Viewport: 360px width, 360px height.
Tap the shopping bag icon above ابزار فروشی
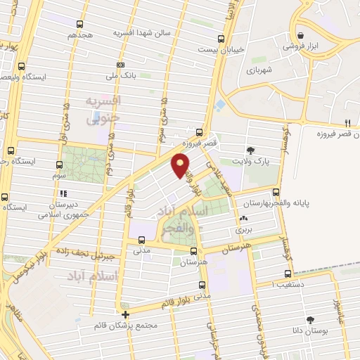[301, 35]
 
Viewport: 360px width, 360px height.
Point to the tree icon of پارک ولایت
[250, 150]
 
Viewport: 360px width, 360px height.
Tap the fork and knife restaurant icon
[347, 123]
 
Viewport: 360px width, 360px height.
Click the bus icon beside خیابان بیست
[221, 39]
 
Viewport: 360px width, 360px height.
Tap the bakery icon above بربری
[243, 219]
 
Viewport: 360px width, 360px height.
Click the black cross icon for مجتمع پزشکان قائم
[125, 314]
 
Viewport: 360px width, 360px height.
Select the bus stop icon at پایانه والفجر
[276, 191]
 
